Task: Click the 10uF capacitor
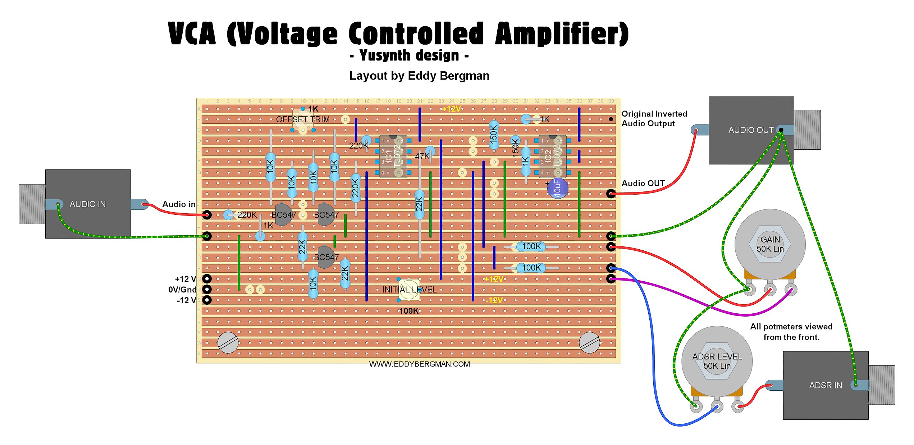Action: pos(557,188)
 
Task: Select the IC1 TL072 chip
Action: pos(393,156)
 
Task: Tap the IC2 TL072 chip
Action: pos(552,156)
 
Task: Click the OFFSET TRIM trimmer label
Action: pos(302,119)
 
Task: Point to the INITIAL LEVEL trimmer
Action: pos(409,290)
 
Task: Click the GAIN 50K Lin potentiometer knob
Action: pos(770,244)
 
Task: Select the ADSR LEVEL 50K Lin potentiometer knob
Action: pos(717,361)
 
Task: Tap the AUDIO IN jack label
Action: pos(88,204)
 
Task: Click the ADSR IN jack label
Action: pos(825,385)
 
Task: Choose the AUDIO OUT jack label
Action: pos(751,130)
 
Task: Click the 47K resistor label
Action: pos(422,156)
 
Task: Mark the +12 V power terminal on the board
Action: pos(207,278)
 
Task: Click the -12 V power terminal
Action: pos(207,300)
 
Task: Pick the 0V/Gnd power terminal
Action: pos(207,289)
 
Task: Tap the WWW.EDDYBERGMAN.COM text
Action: pos(419,364)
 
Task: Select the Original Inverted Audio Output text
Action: pos(654,119)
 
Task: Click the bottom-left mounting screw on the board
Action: pos(228,342)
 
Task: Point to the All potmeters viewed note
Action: pos(791,332)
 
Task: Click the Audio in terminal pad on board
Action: pos(207,215)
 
